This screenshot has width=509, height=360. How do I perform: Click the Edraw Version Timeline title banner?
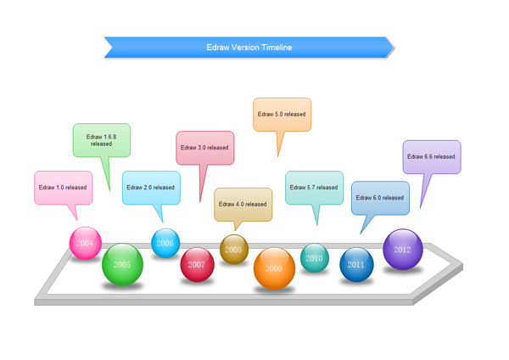[249, 48]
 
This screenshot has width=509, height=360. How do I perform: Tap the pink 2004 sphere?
[85, 243]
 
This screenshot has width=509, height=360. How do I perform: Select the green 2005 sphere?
[122, 264]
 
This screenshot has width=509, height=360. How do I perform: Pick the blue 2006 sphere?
[165, 243]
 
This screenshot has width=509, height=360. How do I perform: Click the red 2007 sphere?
[197, 264]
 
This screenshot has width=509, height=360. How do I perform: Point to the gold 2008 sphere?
[233, 250]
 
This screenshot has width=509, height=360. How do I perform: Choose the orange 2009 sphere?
[274, 268]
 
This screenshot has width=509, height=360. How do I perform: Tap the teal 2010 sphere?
[314, 257]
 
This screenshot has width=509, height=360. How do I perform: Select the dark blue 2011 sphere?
[356, 264]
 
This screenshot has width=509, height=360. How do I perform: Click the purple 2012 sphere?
[402, 250]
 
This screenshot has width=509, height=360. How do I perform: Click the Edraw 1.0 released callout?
[63, 188]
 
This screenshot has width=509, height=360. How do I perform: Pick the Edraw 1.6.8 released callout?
[101, 140]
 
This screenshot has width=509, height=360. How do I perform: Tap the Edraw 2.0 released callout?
[151, 188]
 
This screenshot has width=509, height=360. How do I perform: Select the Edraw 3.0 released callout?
[204, 148]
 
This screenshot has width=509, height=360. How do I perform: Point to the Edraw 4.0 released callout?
[243, 204]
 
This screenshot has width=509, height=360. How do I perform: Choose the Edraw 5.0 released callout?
[282, 114]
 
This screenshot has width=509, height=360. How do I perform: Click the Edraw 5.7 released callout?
[314, 188]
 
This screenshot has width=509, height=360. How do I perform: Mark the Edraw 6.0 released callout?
[380, 198]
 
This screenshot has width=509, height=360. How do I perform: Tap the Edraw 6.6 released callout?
[431, 157]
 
